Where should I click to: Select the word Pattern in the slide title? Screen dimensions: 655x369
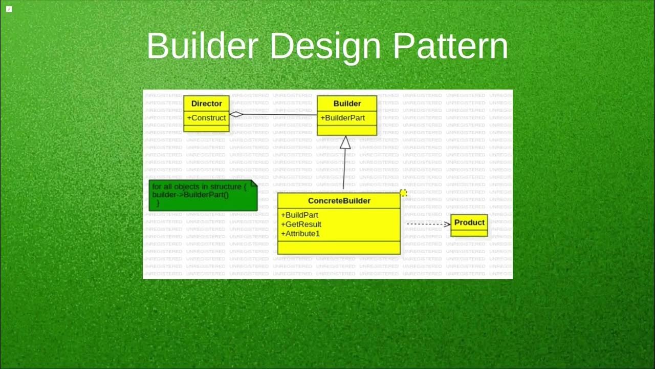tap(450, 46)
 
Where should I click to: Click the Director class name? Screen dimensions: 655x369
tap(206, 104)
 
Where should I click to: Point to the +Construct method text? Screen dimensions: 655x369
tap(206, 118)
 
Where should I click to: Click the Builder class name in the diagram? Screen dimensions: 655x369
tap(347, 104)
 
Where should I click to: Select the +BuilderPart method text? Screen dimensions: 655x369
tap(342, 118)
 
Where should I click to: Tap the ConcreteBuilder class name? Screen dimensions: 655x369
tap(339, 201)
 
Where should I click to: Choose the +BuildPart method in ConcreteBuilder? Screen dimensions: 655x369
tap(299, 215)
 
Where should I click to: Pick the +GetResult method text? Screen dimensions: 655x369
tap(301, 224)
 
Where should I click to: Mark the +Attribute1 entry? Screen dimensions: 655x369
tap(300, 234)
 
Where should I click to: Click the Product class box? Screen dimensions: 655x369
tap(469, 225)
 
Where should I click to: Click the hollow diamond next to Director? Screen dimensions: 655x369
tap(236, 114)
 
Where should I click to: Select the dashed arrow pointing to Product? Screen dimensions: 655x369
tap(427, 224)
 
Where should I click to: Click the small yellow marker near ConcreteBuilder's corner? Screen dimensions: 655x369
tap(403, 193)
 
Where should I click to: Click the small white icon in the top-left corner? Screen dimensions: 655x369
tap(9, 9)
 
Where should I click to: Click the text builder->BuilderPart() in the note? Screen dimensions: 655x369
tap(190, 195)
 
